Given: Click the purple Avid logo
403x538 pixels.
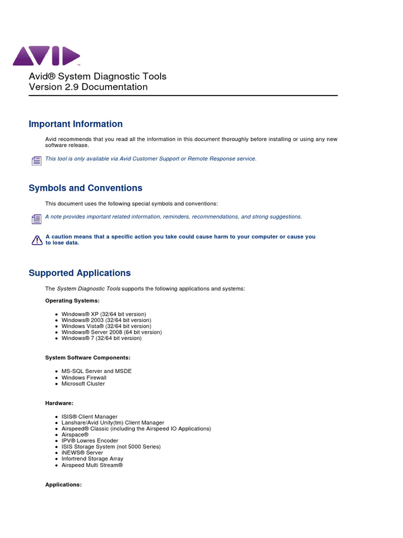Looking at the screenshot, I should [x=46, y=56].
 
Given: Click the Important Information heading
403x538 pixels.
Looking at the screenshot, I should [x=76, y=124].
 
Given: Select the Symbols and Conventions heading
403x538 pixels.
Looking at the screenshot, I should [x=86, y=188].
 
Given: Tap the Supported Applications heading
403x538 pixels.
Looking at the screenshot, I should [x=80, y=273].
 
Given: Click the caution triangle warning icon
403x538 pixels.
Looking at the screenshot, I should [x=36, y=240].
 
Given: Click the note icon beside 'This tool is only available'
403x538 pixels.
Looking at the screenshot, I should [x=36, y=161].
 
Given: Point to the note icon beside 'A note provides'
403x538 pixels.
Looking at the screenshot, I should [x=36, y=219].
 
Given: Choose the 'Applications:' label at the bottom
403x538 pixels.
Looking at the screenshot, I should [x=63, y=485].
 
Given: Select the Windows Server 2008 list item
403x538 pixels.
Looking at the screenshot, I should [x=111, y=332].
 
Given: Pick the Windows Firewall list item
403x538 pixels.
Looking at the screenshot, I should [x=84, y=377].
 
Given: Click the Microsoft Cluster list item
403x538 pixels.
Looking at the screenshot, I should [x=83, y=384].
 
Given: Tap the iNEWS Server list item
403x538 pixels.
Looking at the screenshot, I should [x=82, y=452].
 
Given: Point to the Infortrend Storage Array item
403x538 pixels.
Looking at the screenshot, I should [x=92, y=459].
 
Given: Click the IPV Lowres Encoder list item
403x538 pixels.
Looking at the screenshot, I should [x=90, y=441].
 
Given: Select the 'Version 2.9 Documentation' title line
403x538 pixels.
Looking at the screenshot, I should [x=88, y=87].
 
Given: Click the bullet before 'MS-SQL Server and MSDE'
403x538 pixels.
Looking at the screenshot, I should [x=56, y=371].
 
